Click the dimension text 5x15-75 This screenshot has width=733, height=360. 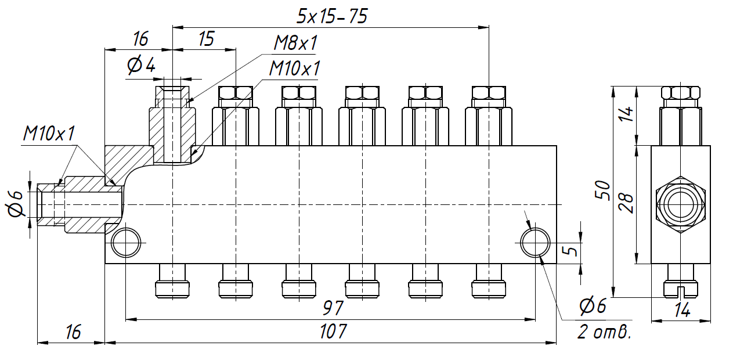[x=331, y=16]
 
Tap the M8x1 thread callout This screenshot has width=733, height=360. [x=296, y=44]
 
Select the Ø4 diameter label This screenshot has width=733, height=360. [x=141, y=66]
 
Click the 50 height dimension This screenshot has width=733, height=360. [x=604, y=190]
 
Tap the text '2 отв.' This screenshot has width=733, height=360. [x=604, y=333]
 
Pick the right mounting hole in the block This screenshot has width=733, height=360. [x=535, y=242]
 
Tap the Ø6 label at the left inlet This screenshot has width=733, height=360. [x=16, y=204]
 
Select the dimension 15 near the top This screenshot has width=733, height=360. [x=206, y=39]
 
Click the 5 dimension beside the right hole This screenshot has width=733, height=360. [x=572, y=251]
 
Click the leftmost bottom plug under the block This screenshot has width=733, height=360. [x=172, y=281]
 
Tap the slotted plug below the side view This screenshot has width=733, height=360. [x=680, y=282]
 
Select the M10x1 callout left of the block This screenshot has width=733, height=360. [x=49, y=134]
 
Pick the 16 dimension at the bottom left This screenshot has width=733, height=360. [x=73, y=332]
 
